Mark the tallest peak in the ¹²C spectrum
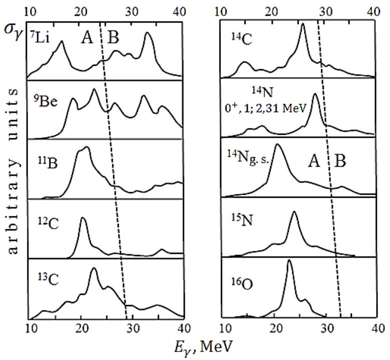click(x=83, y=218)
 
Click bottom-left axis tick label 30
click(x=132, y=328)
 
